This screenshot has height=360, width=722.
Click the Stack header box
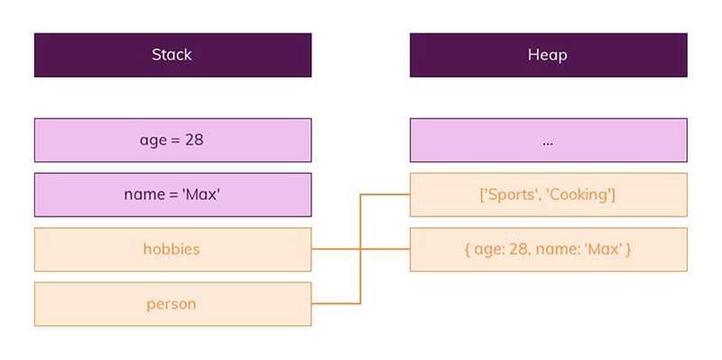172,55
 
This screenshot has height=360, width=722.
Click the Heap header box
548,55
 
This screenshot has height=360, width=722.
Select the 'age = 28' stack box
172,140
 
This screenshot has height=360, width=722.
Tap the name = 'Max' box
172,194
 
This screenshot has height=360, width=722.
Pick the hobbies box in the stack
172,249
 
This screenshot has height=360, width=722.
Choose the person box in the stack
172,304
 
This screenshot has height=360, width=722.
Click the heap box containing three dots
548,140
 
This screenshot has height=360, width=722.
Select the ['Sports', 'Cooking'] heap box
548,194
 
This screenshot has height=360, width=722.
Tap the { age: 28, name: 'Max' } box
548,249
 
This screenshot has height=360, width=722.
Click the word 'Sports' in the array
513,195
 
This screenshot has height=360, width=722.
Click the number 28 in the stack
194,140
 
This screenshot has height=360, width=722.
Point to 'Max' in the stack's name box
203,194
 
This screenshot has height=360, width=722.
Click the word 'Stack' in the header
172,55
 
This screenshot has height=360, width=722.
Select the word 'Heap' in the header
548,55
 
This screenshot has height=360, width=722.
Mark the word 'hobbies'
172,249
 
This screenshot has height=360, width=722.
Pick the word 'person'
172,304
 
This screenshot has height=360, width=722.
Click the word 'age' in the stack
153,141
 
